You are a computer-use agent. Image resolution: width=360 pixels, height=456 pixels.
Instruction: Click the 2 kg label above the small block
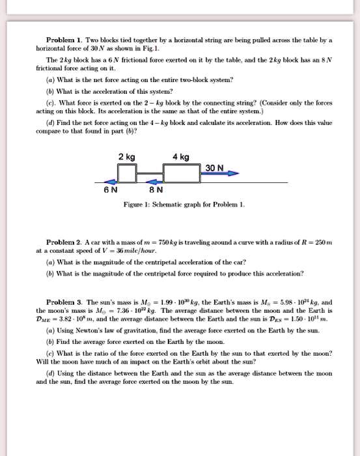pos(127,157)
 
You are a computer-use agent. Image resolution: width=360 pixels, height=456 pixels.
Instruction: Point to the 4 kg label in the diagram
pos(181,157)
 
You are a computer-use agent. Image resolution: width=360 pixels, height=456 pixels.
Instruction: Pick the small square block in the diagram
pos(127,174)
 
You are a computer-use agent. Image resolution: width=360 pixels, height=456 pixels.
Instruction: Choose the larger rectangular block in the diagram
pos(181,173)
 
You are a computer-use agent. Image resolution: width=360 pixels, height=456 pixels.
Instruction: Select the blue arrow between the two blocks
pos(154,181)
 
